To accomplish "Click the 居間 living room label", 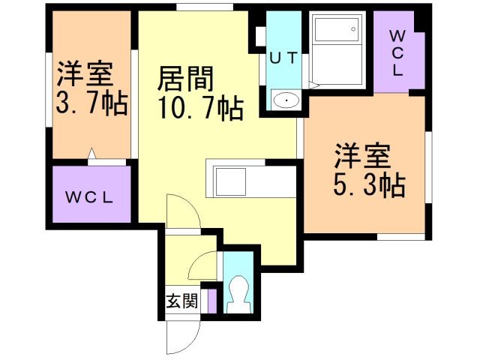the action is click(x=186, y=79).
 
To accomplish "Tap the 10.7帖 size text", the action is click(x=201, y=108).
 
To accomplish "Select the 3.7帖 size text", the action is click(x=91, y=103).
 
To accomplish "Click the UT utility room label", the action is click(x=283, y=58).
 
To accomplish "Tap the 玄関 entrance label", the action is click(x=181, y=301).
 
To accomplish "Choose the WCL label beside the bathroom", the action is click(x=397, y=53).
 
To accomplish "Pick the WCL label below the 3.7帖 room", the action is click(x=89, y=197).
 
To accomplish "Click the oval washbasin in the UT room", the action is click(x=286, y=100).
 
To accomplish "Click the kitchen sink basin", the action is click(x=231, y=181).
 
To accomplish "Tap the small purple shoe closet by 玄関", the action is click(x=212, y=301).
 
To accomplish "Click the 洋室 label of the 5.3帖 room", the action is click(x=362, y=156).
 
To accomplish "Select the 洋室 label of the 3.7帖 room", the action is click(x=85, y=74).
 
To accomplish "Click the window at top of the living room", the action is click(x=205, y=7).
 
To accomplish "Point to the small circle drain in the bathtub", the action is click(x=353, y=29).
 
